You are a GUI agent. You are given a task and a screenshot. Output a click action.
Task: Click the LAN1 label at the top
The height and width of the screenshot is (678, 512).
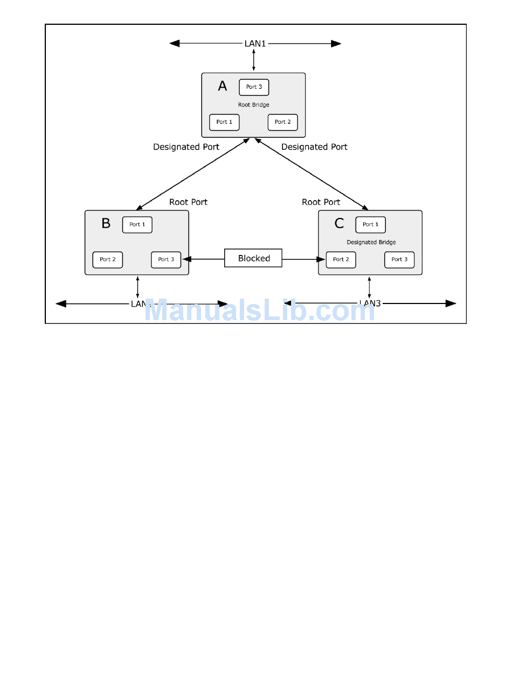point(255,43)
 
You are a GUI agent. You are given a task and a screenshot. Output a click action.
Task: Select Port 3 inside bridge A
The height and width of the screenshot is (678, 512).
point(254,87)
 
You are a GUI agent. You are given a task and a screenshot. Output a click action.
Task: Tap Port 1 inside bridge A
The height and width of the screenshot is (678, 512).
point(224,122)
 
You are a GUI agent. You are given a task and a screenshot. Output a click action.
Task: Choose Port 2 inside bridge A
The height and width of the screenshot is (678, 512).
point(283,122)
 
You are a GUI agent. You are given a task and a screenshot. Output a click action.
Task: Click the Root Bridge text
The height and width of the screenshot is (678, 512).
point(253,105)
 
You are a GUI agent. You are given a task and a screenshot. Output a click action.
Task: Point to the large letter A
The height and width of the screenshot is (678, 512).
point(223,86)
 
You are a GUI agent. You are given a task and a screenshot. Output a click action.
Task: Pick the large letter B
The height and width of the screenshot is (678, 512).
point(106,223)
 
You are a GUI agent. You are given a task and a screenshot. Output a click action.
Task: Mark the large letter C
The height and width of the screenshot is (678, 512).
point(339,223)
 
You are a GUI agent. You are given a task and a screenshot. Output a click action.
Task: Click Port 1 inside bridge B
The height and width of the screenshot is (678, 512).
point(137,224)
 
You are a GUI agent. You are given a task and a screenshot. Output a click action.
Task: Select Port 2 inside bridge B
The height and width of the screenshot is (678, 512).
point(108,259)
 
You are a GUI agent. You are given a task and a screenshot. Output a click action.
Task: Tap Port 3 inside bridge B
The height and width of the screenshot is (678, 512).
point(166,259)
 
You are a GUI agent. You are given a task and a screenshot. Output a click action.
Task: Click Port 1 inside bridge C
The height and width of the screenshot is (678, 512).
point(371,224)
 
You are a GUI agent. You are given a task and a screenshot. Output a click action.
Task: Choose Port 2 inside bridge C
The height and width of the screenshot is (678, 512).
point(341,259)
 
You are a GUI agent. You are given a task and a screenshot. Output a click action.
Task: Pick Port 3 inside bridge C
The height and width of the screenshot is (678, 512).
point(399,259)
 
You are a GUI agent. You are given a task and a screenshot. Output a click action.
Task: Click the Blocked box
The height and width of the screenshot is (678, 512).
point(254,258)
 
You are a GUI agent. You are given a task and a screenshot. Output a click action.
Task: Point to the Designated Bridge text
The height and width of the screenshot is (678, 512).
point(371,242)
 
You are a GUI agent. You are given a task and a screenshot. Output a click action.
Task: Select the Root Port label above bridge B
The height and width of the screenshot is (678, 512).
point(188,202)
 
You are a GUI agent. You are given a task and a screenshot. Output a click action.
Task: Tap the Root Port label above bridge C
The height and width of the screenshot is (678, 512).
point(321,202)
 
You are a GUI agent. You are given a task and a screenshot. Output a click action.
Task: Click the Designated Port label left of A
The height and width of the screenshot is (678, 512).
point(186,146)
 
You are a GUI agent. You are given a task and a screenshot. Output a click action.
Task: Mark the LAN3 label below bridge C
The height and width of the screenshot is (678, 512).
point(370,303)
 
